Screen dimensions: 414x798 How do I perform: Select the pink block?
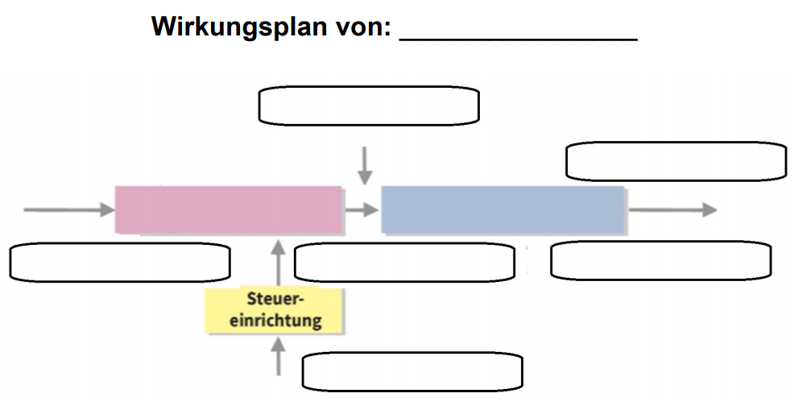click(229, 209)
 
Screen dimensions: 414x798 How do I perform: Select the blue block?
click(502, 209)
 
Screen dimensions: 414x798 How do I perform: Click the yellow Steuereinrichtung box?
click(275, 310)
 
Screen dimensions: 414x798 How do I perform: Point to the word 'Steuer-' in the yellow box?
click(275, 300)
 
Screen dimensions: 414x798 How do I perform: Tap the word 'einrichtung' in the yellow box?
click(275, 320)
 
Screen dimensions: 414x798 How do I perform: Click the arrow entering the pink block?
click(69, 209)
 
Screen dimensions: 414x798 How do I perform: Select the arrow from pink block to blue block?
click(362, 209)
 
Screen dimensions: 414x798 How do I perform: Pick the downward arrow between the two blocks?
click(366, 165)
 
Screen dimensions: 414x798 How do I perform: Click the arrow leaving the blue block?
click(672, 209)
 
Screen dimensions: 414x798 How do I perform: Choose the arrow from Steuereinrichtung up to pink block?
click(279, 262)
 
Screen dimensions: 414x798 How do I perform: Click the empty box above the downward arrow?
click(368, 106)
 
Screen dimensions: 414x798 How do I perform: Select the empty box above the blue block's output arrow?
click(676, 161)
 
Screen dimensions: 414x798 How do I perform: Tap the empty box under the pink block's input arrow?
click(120, 262)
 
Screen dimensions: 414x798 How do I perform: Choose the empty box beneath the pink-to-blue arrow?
click(404, 262)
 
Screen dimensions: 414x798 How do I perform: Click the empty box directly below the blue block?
click(660, 260)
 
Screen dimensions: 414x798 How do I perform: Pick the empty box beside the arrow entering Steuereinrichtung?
click(411, 371)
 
